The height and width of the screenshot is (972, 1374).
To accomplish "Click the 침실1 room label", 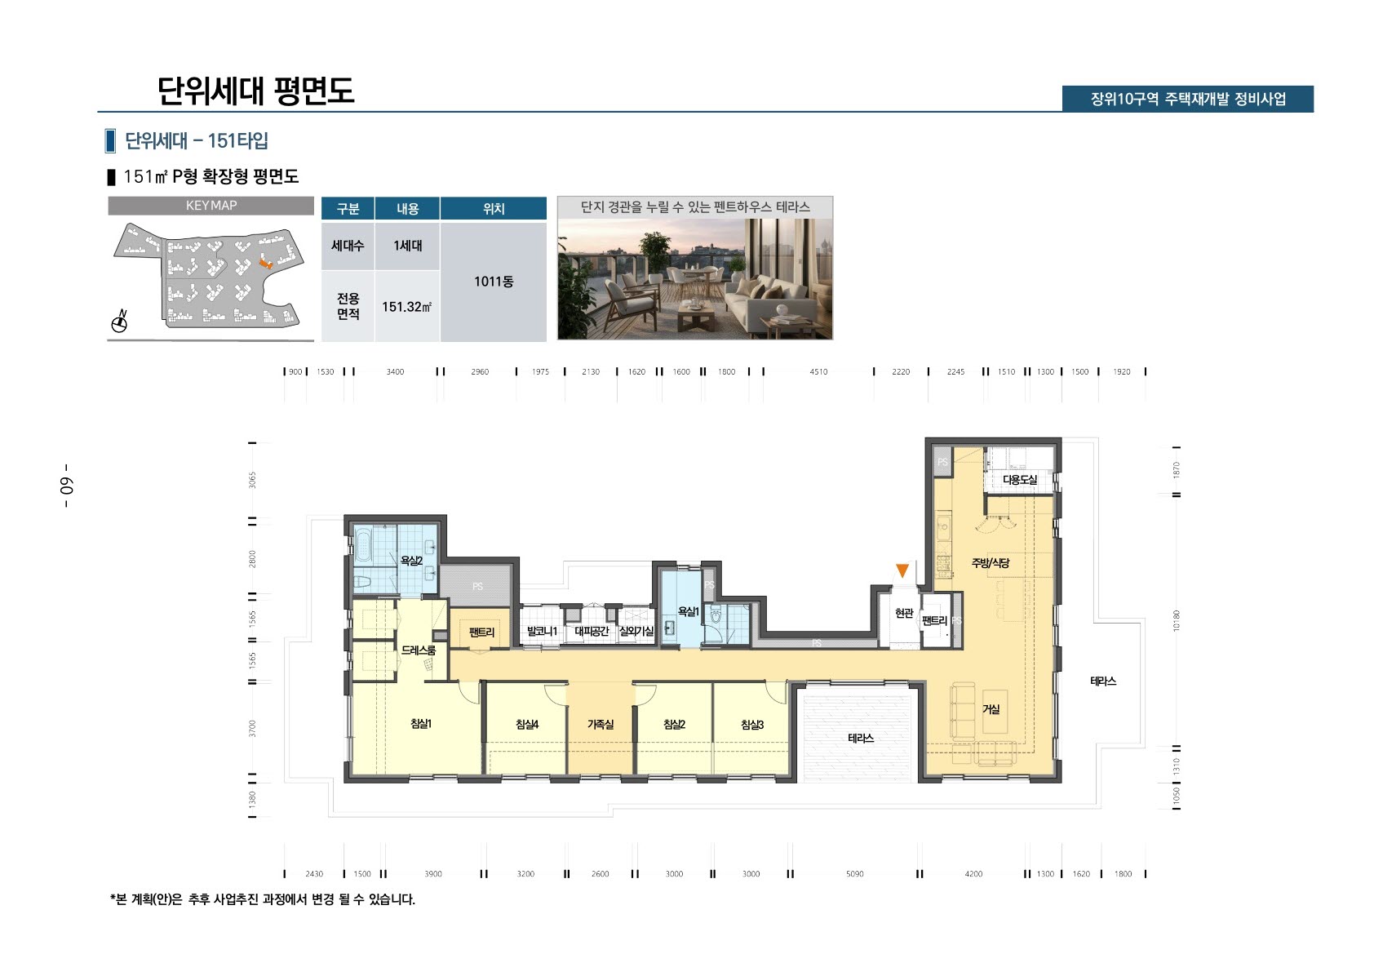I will (420, 724).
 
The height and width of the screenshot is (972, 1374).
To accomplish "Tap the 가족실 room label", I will (600, 725).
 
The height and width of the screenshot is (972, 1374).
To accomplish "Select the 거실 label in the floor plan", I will (991, 709).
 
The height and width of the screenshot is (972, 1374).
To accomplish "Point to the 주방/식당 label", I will (990, 563).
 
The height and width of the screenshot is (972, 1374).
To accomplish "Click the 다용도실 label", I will (1019, 480).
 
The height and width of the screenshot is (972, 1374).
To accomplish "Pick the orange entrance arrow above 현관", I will (902, 570).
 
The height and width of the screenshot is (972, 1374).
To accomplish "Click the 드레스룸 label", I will (418, 650).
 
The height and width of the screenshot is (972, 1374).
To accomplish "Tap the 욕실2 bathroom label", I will (410, 561).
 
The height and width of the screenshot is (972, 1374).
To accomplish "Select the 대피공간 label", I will (591, 632).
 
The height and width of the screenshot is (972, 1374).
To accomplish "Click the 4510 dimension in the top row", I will (818, 372).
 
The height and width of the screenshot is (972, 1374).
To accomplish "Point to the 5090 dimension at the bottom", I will (854, 874).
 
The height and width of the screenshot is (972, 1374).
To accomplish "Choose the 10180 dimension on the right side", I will (1176, 620).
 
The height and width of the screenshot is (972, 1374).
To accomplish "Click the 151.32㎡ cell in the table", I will (406, 307).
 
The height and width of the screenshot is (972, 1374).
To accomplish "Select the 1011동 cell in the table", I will (493, 282).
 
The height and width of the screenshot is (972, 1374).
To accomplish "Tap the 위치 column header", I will (493, 209).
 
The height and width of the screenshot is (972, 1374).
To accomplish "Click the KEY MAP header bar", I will (211, 206).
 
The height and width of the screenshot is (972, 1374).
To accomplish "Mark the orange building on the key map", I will (264, 263).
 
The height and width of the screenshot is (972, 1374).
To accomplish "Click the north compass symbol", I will (119, 322).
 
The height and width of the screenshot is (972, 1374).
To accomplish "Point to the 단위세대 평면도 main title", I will (255, 91).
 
